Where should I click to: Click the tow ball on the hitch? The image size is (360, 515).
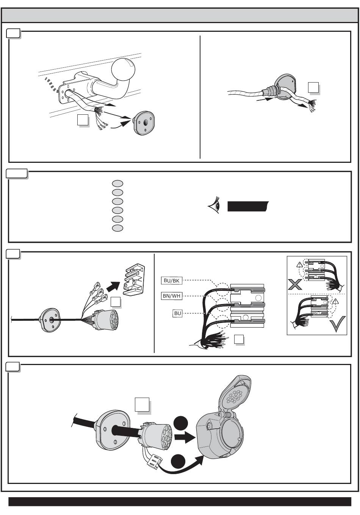coord(123,69)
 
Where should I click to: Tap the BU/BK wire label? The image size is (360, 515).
coord(171,281)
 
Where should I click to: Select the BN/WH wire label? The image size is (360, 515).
coord(171,296)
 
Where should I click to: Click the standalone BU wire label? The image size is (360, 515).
coord(177,314)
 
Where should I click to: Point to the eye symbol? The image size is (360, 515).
coord(214,205)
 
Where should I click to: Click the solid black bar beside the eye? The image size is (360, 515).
coord(248,206)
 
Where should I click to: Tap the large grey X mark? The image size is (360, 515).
coord(295,284)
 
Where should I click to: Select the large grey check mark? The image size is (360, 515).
coord(337,324)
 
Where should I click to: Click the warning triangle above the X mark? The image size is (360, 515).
coord(299,265)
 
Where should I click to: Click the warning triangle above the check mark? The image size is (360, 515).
coord(335,301)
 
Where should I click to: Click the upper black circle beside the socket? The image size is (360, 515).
coord(181,423)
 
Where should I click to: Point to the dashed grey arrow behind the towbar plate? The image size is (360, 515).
coord(52,85)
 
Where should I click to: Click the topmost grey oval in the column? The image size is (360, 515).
coord(117,183)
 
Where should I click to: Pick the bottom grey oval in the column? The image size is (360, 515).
coord(117,228)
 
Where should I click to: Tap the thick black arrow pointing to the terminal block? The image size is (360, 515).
coord(113,286)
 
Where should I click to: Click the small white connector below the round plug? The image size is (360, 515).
coord(154,462)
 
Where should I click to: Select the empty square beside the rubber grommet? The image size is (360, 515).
coord(313,87)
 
